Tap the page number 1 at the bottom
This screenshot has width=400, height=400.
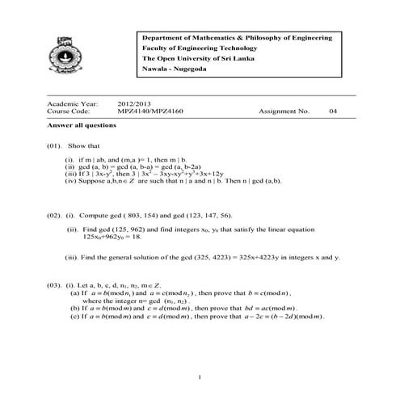point(199,377)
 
